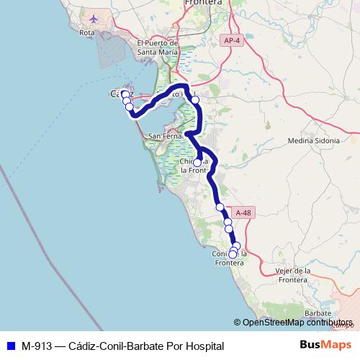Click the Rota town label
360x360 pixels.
[88, 32]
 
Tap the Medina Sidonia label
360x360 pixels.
[313, 140]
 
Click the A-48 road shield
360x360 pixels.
[244, 212]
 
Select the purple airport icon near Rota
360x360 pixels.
[93, 18]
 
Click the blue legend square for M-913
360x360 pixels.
[10, 346]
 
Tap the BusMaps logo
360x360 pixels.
[326, 346]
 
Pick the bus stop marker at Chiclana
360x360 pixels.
[197, 163]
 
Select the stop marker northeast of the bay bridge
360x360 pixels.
[194, 100]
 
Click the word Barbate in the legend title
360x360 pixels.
[143, 346]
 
